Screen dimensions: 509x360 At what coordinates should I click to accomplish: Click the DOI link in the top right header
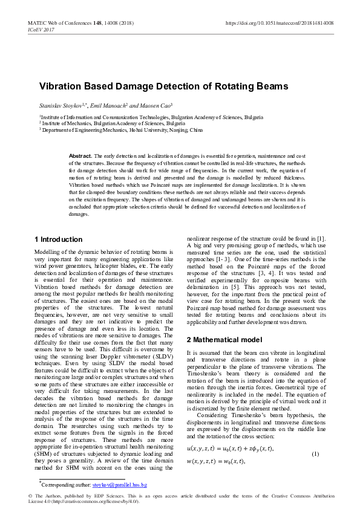tap(279, 22)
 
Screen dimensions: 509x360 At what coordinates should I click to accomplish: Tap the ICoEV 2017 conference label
tap(41, 29)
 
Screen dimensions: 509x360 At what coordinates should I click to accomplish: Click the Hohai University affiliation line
tap(121, 130)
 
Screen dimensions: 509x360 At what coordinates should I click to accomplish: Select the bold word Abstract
tap(80, 156)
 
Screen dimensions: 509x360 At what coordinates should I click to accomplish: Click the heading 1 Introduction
tap(59, 239)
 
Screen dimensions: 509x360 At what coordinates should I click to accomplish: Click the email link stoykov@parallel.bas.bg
tap(120, 485)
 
